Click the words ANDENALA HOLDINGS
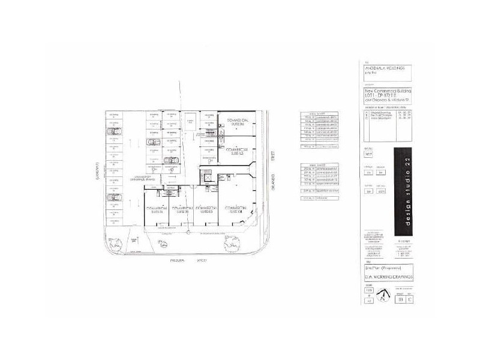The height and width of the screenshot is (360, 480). click(x=384, y=68)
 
